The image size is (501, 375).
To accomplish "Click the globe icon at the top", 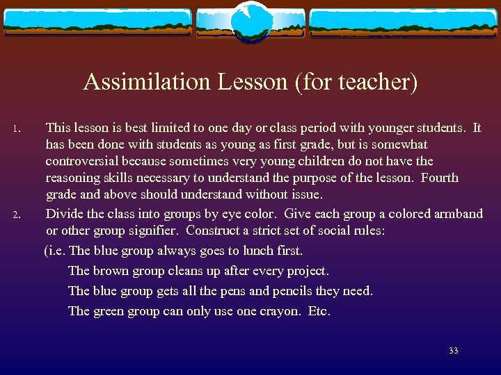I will pyautogui.click(x=250, y=22).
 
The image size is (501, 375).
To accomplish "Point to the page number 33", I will pyautogui.click(x=454, y=351).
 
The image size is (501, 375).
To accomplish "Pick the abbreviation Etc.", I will pyautogui.click(x=319, y=311).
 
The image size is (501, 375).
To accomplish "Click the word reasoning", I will pyautogui.click(x=74, y=178).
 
